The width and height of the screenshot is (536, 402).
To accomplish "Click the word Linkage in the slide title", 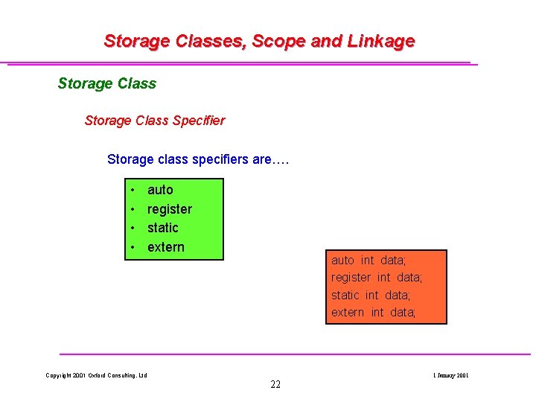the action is (380, 41).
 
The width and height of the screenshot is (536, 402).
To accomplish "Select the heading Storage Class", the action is (107, 83).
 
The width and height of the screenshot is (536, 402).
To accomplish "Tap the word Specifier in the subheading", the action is (198, 120).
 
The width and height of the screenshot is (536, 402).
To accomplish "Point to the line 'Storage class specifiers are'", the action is (198, 159).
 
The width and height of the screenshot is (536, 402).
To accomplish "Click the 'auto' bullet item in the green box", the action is (160, 190).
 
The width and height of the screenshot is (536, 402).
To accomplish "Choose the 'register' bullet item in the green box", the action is (170, 209).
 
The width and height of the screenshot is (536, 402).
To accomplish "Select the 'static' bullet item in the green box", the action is (163, 228).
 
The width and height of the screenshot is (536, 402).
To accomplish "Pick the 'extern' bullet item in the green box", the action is (166, 247).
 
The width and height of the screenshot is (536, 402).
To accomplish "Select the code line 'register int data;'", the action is (377, 278).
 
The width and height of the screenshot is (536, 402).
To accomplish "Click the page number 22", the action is (275, 385).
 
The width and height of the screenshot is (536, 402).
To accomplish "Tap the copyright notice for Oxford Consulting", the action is (97, 375).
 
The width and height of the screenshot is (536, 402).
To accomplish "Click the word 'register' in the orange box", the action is (351, 278).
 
